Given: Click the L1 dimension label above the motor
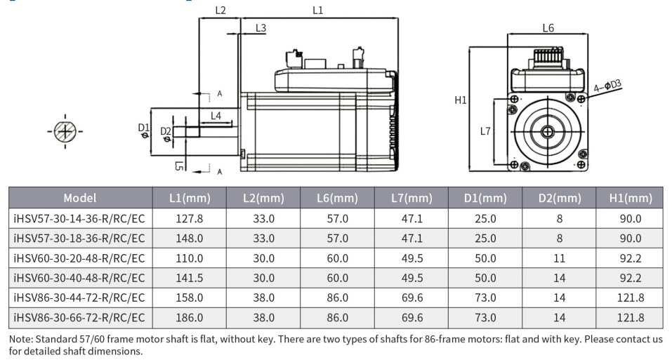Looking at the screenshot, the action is click(x=317, y=11).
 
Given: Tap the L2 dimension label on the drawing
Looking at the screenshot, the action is click(x=220, y=11).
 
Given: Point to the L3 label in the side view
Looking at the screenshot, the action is click(x=261, y=28).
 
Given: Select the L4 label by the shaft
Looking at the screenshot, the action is click(x=216, y=116).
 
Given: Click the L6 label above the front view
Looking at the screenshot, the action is click(x=548, y=28).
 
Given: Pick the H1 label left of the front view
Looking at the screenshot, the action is click(x=460, y=100).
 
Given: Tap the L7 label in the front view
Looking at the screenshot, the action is click(x=485, y=131).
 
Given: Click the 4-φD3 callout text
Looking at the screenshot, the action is click(x=607, y=86).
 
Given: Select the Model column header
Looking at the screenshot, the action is click(x=80, y=198).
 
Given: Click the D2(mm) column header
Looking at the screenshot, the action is click(x=560, y=198).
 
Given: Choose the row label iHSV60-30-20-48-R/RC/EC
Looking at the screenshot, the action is click(x=79, y=258).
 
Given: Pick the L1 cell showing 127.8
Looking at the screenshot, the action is click(x=190, y=218).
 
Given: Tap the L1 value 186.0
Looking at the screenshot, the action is click(x=190, y=318).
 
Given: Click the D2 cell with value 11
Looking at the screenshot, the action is click(x=559, y=258).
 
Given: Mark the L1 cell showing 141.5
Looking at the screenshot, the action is click(x=190, y=278).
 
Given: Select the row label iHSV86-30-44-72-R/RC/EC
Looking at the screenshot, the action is click(x=79, y=298).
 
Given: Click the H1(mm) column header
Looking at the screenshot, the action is click(x=631, y=198).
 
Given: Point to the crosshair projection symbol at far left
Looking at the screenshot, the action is click(x=65, y=131).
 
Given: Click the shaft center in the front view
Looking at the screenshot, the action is click(x=547, y=131).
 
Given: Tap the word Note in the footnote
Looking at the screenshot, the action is click(x=20, y=339).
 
